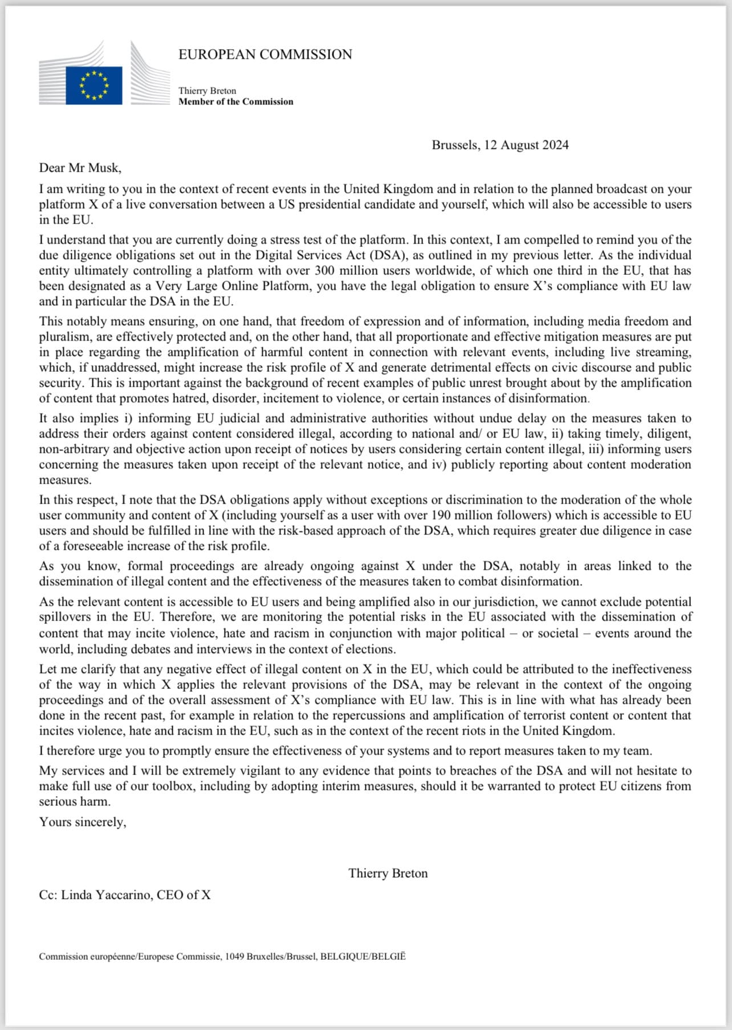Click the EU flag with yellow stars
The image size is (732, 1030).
pos(94,86)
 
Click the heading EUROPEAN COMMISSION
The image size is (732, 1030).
pos(265,55)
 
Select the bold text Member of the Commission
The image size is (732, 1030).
pos(235,102)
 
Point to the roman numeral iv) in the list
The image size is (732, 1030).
pos(438,465)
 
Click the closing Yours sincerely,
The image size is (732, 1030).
pos(83,822)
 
